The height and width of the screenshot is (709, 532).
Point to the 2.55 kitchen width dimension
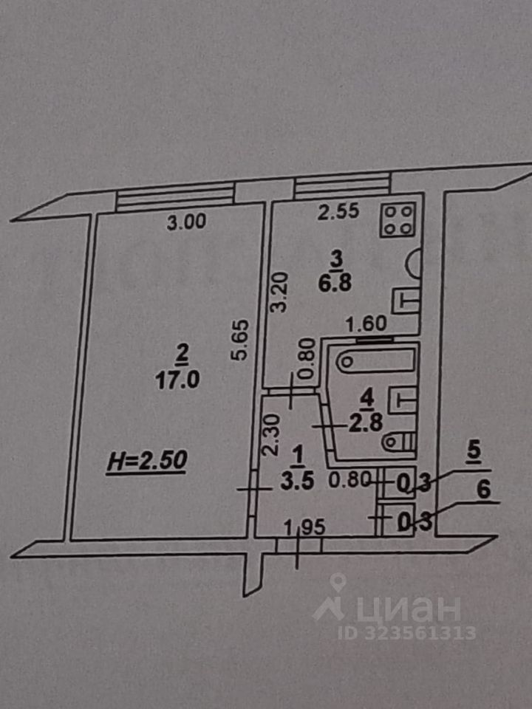pos(338,212)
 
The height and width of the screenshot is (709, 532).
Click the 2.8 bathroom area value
pos(366,424)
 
